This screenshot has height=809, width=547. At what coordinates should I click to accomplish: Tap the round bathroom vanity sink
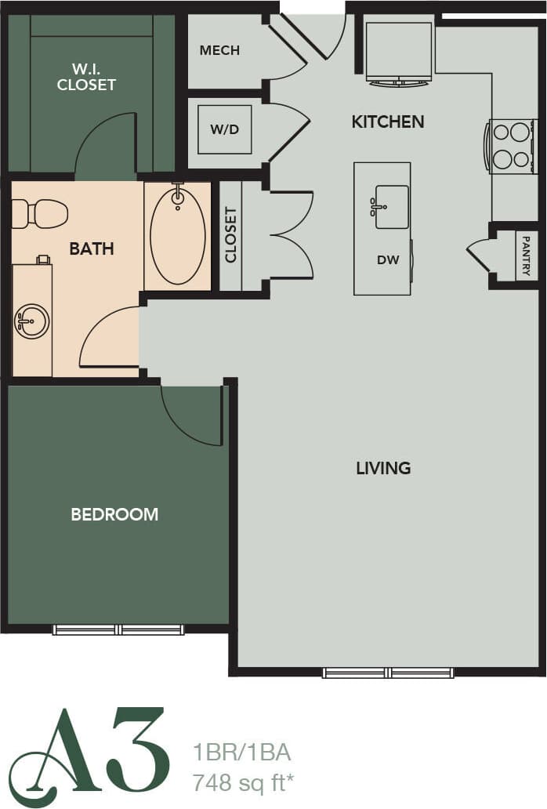click(32, 321)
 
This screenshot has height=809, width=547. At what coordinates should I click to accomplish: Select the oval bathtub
click(177, 235)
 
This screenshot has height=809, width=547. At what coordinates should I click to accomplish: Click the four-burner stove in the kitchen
click(512, 146)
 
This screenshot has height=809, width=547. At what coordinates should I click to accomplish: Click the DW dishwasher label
click(388, 260)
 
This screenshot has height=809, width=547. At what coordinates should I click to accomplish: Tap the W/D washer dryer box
click(224, 129)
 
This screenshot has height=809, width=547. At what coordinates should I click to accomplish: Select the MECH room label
click(219, 51)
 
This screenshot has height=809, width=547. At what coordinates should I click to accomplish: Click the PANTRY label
click(526, 256)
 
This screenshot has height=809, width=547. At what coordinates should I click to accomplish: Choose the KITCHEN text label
click(387, 122)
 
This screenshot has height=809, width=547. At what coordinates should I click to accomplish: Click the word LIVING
click(383, 468)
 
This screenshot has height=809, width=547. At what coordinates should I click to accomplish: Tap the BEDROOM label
click(114, 514)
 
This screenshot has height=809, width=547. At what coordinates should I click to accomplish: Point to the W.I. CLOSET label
click(86, 76)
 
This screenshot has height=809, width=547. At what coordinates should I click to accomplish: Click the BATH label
click(92, 249)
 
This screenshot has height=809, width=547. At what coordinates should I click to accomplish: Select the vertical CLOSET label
click(230, 234)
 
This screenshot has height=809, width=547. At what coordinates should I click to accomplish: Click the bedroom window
click(118, 629)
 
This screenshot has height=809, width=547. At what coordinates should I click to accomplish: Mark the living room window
click(389, 672)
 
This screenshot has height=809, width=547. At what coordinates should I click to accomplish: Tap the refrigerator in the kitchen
click(399, 52)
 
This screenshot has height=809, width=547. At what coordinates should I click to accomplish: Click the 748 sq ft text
click(244, 781)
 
